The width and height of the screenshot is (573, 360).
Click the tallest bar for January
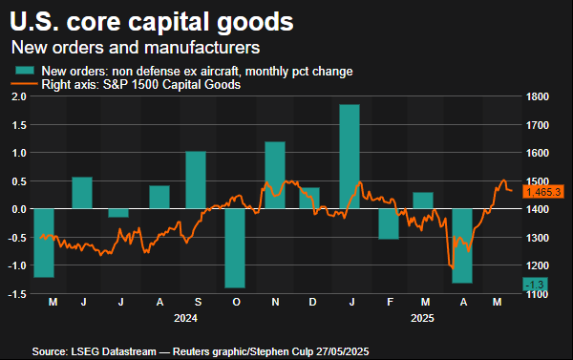coord(350,156)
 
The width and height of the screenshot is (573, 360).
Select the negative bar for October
coord(235,247)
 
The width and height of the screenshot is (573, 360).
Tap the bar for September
coord(196,180)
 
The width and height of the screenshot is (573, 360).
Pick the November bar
coord(275,175)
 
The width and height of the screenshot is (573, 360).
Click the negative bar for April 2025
coord(462,245)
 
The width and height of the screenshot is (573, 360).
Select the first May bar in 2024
coord(44,243)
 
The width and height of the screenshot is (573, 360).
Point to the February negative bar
coord(388,223)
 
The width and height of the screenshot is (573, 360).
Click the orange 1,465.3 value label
coord(543,192)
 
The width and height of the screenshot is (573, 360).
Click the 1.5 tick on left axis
coord(17,96)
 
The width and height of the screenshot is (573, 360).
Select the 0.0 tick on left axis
coord(17,209)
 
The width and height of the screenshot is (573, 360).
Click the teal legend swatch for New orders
coord(25,71)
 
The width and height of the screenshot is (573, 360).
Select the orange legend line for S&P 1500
coord(25,85)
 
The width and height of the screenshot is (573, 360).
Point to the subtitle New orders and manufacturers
coord(134,46)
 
